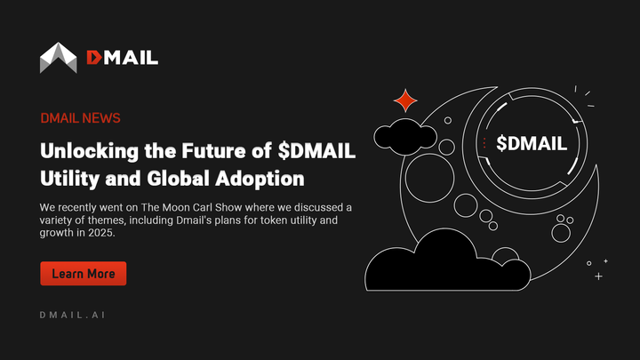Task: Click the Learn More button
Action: click(83, 274)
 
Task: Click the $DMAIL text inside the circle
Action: click(532, 143)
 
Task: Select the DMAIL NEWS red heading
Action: click(80, 118)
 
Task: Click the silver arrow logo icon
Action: click(59, 58)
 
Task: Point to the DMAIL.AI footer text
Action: click(73, 316)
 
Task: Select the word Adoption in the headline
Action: click(262, 178)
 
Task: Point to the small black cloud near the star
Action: click(404, 136)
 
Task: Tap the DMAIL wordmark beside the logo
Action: click(123, 58)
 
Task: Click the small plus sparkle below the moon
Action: click(598, 276)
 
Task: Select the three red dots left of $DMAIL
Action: click(484, 143)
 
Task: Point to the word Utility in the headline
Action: click(69, 178)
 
